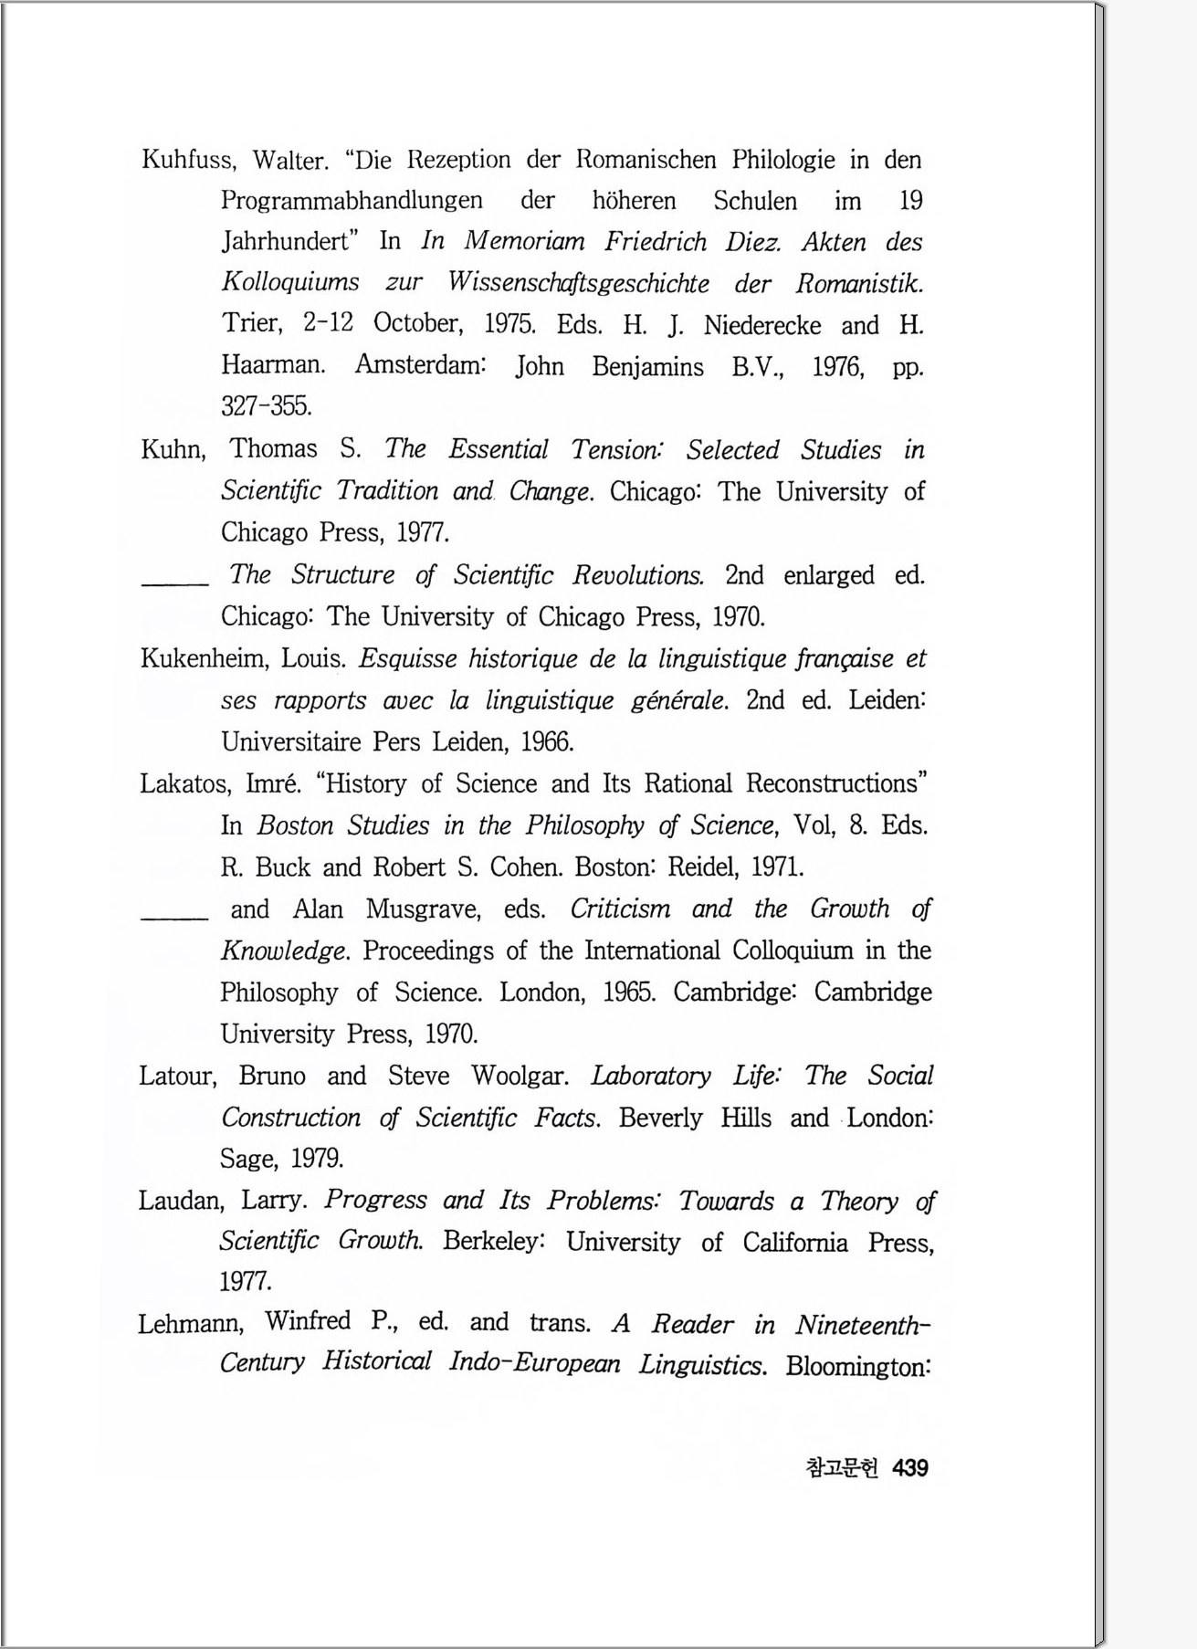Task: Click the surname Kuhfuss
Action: pos(187,161)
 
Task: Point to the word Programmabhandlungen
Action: pos(352,201)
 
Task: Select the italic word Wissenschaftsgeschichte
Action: pos(578,283)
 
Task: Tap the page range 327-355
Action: pos(266,406)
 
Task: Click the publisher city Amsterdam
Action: pos(419,365)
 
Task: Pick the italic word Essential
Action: pos(498,449)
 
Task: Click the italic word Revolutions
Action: pos(638,575)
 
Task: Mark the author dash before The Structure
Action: pos(174,583)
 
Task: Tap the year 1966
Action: pos(547,741)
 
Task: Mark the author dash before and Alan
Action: pos(174,917)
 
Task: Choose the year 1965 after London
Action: pos(628,993)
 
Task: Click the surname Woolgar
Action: pos(519,1076)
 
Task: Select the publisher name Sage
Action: pos(247,1160)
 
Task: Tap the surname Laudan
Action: pos(181,1201)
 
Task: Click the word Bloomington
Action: pos(857,1367)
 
